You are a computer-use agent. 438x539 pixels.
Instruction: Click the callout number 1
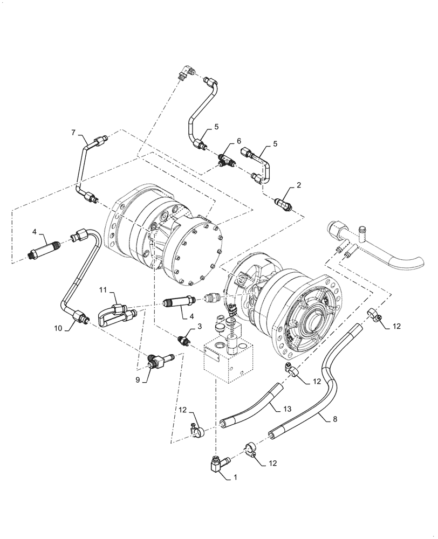click(235, 478)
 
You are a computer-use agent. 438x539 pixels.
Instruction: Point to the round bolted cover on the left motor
click(194, 253)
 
